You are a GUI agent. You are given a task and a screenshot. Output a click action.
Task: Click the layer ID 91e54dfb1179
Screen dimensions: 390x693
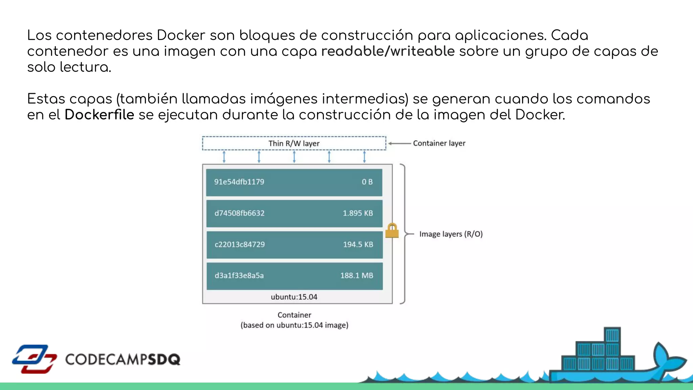[239, 182]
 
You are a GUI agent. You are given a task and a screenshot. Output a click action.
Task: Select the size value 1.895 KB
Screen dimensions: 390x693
[358, 213]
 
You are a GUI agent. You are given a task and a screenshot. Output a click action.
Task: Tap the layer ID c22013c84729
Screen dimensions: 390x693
[240, 244]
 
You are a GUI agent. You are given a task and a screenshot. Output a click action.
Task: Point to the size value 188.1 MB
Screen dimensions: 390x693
[357, 276]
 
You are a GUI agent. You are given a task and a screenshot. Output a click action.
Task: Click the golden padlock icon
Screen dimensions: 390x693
[392, 231]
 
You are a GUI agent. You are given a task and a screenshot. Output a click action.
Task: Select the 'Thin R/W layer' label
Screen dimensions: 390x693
[294, 144]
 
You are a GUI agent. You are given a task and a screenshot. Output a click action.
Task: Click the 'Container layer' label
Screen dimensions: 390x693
[439, 143]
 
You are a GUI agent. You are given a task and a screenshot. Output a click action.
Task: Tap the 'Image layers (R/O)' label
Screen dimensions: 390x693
[451, 234]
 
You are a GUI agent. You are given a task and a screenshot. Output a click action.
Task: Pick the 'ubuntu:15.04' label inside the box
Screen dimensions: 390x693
[294, 297]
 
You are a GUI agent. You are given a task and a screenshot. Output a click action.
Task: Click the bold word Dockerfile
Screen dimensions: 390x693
[99, 115]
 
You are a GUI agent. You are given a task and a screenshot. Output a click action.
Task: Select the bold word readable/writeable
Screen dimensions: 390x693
[388, 51]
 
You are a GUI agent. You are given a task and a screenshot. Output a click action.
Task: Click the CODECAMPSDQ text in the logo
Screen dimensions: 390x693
[122, 360]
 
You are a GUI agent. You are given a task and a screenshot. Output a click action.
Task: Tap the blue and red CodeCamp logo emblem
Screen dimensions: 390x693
[34, 359]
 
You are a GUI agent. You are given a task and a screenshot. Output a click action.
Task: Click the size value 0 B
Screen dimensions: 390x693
[367, 182]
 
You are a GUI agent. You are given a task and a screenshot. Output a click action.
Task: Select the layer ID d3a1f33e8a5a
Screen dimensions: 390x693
[239, 276]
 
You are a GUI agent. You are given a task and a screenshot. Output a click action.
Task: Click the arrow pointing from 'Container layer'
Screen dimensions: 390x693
[399, 144]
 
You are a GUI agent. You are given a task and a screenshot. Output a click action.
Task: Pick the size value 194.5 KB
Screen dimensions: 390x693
[358, 244]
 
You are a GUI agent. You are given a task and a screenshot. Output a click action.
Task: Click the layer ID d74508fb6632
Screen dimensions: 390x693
[239, 213]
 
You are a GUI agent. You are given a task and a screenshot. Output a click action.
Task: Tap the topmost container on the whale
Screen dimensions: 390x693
[612, 335]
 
